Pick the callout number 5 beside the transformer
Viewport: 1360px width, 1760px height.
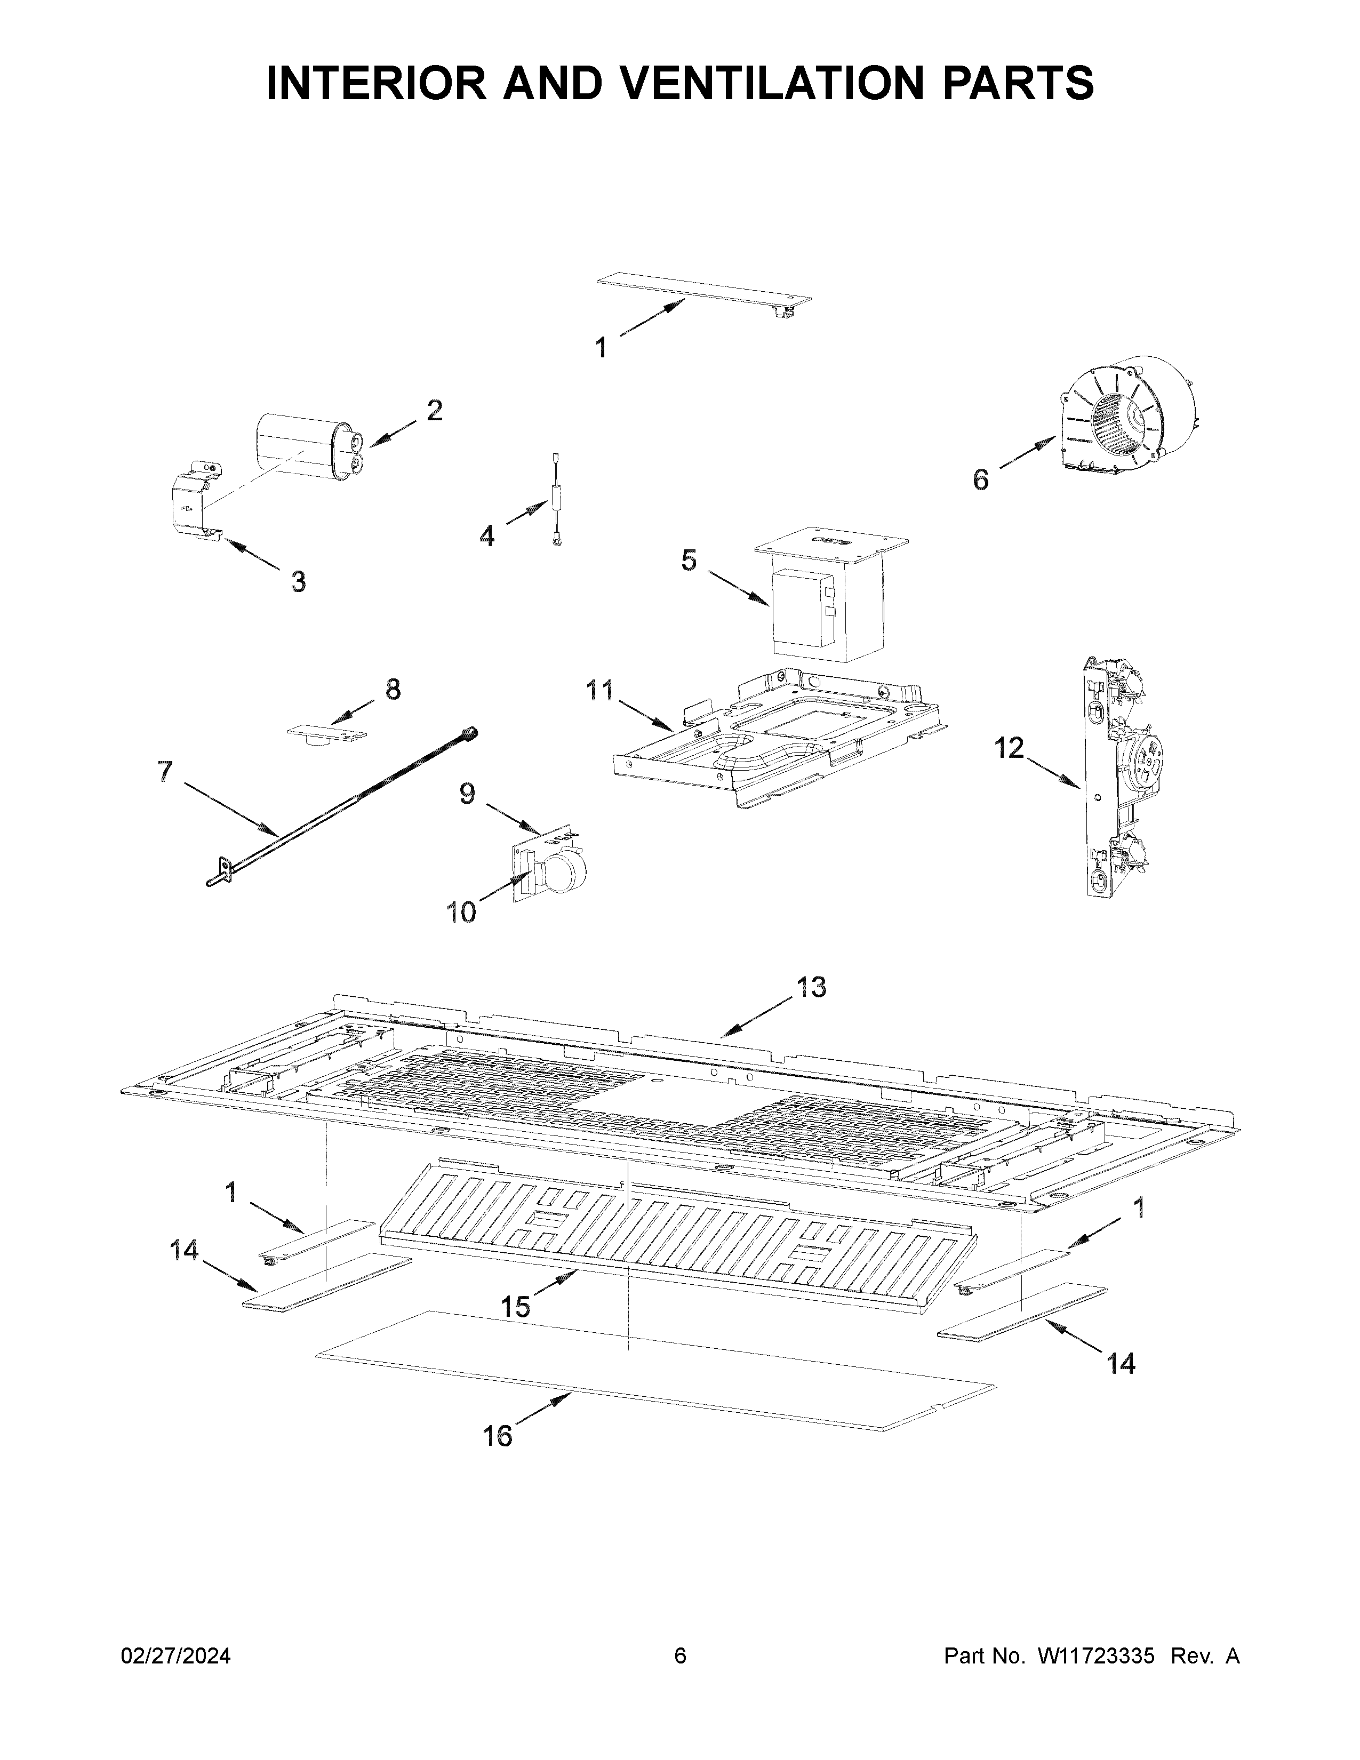pos(689,560)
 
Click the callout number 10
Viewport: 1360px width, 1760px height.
pos(462,913)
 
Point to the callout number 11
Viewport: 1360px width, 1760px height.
pos(599,691)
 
